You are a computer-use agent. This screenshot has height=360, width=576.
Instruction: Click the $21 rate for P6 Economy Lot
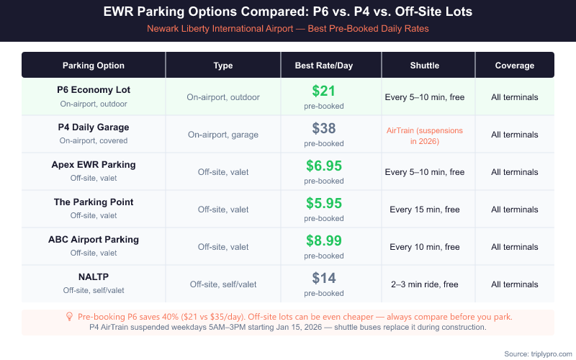click(x=323, y=91)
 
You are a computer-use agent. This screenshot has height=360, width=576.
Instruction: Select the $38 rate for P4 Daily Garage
click(x=323, y=129)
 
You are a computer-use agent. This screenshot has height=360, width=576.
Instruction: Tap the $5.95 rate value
click(x=323, y=204)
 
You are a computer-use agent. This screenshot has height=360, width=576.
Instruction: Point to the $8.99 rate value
click(x=323, y=241)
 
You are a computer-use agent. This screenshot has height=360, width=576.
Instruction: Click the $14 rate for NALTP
click(x=323, y=279)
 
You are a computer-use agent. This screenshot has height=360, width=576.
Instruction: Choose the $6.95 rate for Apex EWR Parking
click(x=323, y=166)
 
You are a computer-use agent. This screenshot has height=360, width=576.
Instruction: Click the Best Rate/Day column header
click(x=323, y=66)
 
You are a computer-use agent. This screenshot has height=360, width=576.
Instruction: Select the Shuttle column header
click(x=424, y=66)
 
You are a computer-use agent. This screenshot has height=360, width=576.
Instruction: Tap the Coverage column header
click(x=514, y=66)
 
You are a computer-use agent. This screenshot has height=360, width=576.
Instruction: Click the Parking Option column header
click(x=94, y=66)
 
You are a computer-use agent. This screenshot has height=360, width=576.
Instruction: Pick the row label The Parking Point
click(x=94, y=202)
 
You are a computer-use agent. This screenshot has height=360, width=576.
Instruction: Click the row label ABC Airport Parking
click(x=94, y=240)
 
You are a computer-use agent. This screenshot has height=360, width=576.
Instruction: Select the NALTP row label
click(x=94, y=277)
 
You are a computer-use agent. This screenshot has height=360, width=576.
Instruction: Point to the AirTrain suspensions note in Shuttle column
click(x=424, y=135)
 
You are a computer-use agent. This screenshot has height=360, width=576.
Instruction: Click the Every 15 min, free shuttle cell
click(x=424, y=210)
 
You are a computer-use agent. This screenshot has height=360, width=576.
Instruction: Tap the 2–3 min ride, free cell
click(x=424, y=284)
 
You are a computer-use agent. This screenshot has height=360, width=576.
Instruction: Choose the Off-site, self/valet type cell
click(x=223, y=284)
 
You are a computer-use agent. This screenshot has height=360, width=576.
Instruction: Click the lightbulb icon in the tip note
click(x=69, y=316)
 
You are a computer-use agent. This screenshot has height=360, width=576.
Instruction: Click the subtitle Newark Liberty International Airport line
click(x=288, y=28)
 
